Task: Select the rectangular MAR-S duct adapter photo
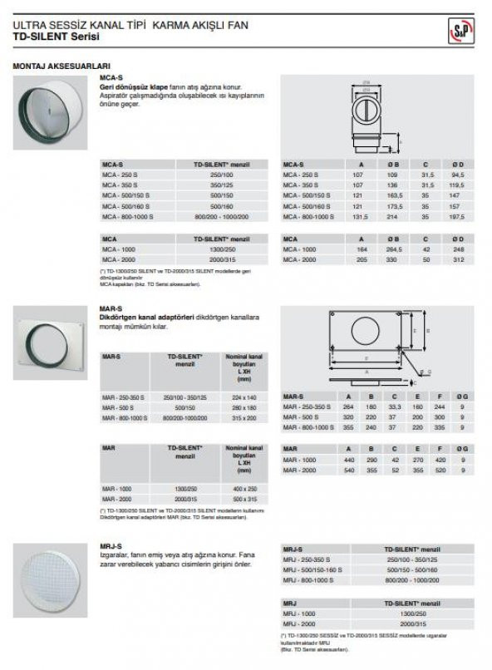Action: tap(51, 342)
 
